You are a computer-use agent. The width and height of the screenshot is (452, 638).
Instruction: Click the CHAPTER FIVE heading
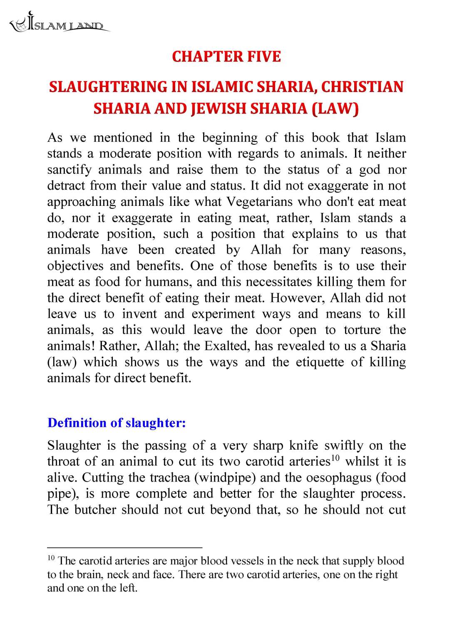click(x=226, y=57)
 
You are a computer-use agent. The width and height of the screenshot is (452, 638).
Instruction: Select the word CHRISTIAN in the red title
click(x=362, y=87)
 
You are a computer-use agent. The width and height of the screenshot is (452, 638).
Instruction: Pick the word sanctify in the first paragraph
click(x=69, y=170)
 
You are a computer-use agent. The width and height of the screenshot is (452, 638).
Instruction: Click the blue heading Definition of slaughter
click(x=117, y=423)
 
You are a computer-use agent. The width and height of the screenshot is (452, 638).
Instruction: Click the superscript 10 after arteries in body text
click(x=335, y=458)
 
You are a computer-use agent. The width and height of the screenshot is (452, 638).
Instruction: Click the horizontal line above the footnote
click(x=124, y=548)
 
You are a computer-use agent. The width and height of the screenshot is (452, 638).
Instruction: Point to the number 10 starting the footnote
click(x=51, y=558)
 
